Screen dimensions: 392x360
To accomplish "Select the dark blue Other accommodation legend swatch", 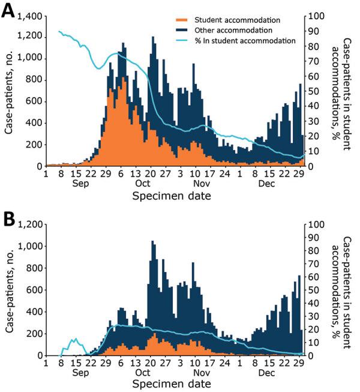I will click(x=184, y=30).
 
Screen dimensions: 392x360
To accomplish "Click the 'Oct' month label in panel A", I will click(x=143, y=184).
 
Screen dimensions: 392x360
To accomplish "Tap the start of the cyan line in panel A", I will click(x=59, y=31).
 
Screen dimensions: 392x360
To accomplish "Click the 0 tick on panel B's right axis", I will click(x=314, y=355).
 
